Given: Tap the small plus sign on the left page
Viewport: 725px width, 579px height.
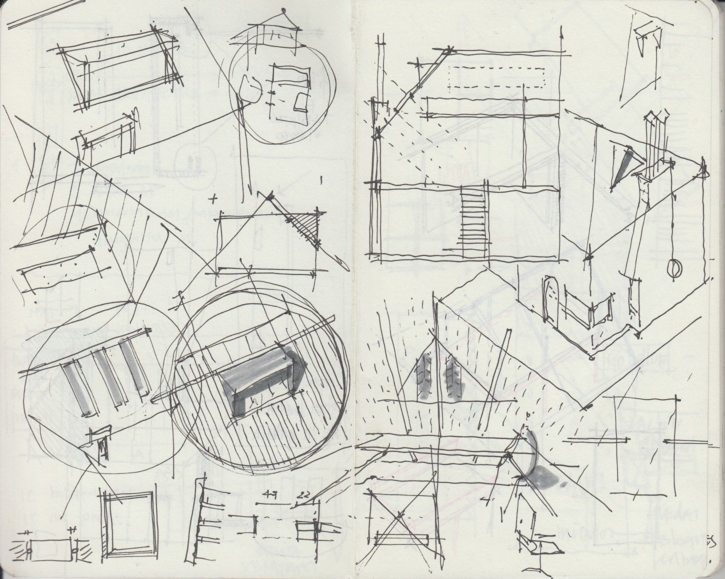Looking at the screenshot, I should [215, 199].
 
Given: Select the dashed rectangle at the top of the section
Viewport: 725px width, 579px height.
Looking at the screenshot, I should [495, 77].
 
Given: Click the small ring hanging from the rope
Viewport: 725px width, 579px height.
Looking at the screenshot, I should [674, 269].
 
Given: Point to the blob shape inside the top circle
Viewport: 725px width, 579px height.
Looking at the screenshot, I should [250, 87].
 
